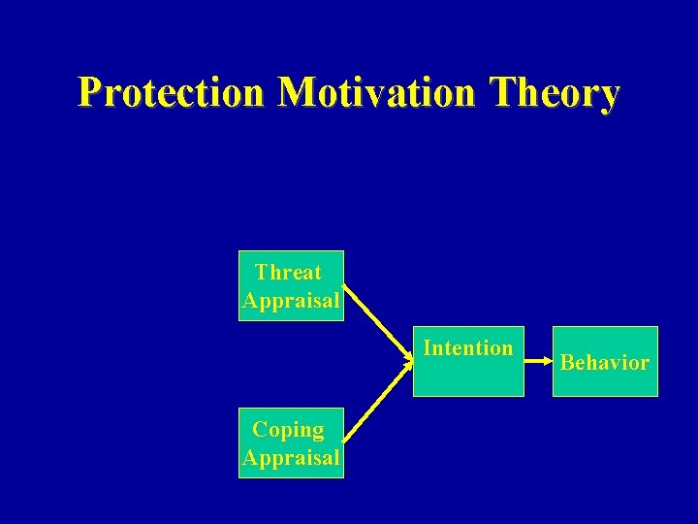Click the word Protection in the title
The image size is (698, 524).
coord(171,93)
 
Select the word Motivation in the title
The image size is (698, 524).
coord(378,93)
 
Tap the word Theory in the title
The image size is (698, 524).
coord(555,93)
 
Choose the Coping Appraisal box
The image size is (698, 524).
coord(291,442)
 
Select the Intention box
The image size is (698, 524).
coord(468,361)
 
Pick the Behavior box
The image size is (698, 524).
coord(605,361)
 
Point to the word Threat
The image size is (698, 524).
coord(288,272)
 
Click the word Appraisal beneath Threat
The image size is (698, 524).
coord(291,301)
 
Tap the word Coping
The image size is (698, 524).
coord(288,429)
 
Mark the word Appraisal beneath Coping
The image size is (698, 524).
coord(291,458)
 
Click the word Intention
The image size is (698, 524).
coord(468,347)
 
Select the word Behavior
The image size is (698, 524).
coord(605,363)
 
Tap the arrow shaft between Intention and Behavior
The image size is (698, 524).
coord(535,362)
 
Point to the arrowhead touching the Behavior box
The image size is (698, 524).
coord(548,362)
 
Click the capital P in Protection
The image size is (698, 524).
coord(91,93)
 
